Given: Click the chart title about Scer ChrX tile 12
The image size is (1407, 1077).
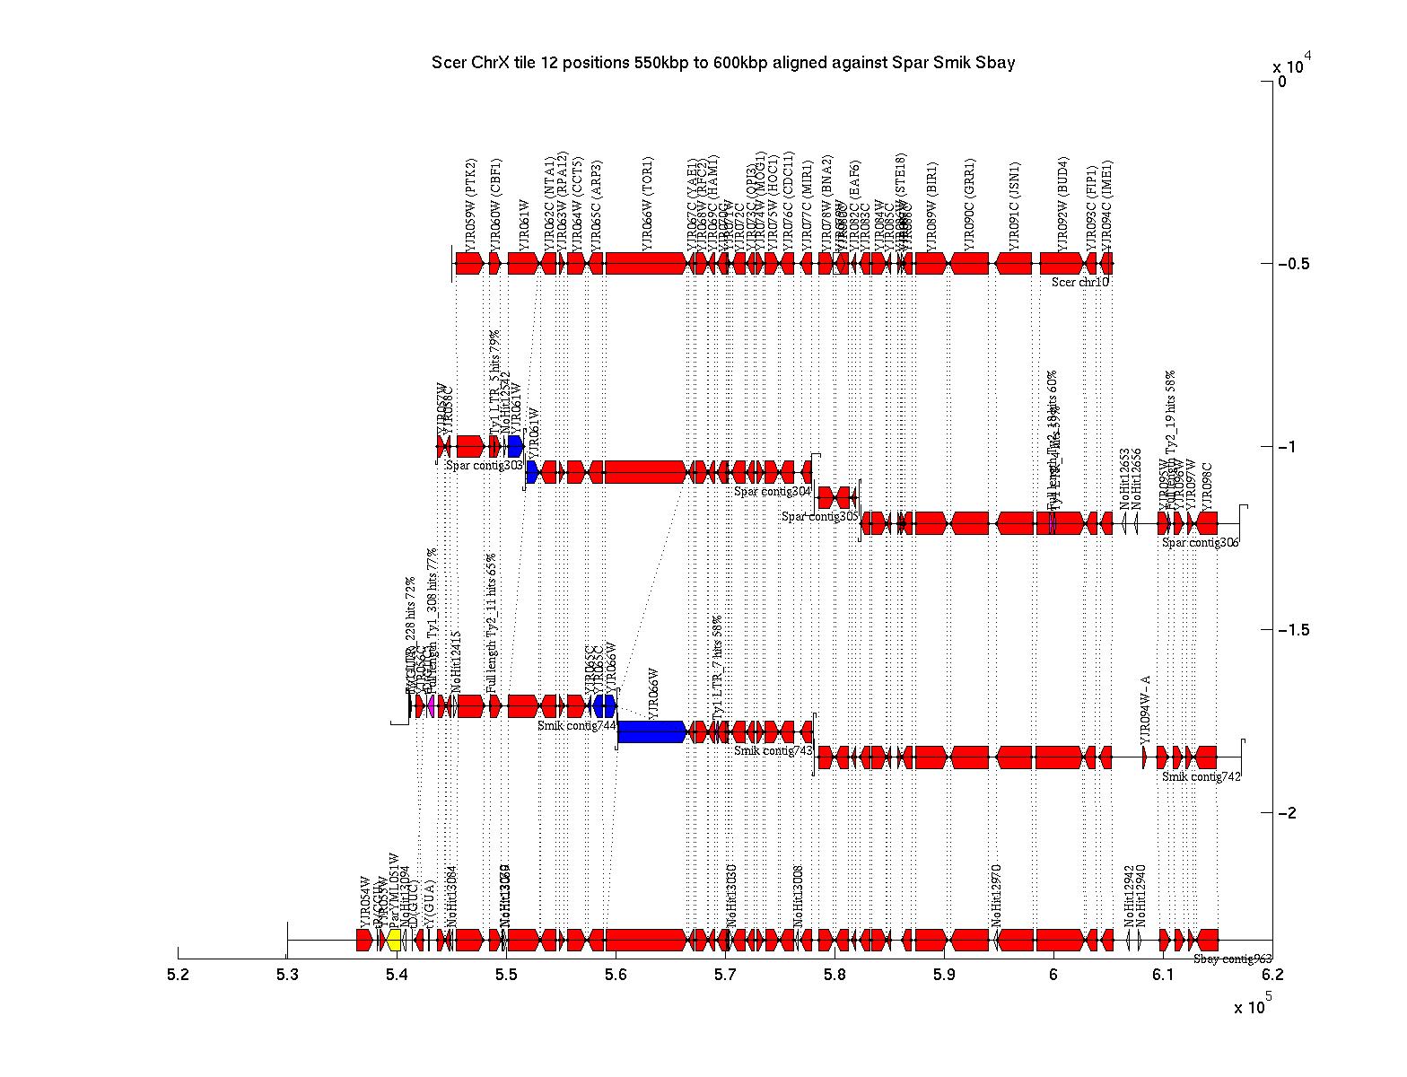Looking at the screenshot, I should (x=723, y=63).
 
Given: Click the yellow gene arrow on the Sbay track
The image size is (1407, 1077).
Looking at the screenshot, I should (x=394, y=940).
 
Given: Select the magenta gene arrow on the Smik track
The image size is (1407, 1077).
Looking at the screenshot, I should (x=432, y=705).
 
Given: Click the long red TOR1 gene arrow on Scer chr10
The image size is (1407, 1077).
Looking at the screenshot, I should (x=646, y=263).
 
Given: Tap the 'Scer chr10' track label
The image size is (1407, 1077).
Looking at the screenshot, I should (x=1080, y=282).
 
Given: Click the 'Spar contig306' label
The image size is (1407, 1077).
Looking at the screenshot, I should (x=1200, y=542).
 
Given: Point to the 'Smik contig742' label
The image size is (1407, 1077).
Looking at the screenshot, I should (x=1201, y=777).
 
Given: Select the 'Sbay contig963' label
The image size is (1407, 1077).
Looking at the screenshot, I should (x=1232, y=959).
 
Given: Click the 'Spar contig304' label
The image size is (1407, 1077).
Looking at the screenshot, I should (x=772, y=492).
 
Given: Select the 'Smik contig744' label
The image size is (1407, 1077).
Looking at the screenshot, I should (x=576, y=725).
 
